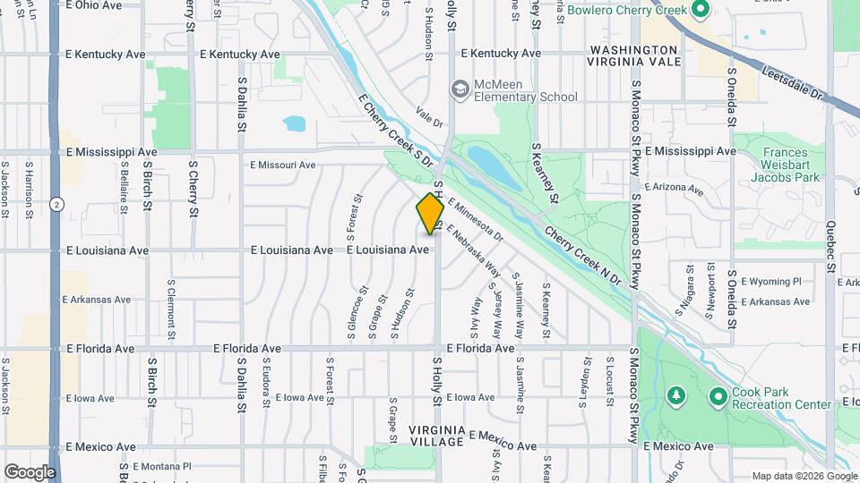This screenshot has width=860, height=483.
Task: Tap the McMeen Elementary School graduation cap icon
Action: pos(460,89)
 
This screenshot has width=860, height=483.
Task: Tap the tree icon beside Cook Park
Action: pos(675,395)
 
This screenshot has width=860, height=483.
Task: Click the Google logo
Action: pos(30,472)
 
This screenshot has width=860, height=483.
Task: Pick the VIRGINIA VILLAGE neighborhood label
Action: pos(436,436)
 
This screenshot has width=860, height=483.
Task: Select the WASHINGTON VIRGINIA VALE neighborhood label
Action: pos(632,55)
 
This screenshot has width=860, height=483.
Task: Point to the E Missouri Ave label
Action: pos(283,165)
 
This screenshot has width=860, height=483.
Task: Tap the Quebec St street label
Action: pos(830,256)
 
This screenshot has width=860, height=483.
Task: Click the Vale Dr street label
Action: pos(430,118)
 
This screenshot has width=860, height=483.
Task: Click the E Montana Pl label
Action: pos(162,466)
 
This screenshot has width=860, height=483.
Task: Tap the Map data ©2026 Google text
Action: pos(804,476)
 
